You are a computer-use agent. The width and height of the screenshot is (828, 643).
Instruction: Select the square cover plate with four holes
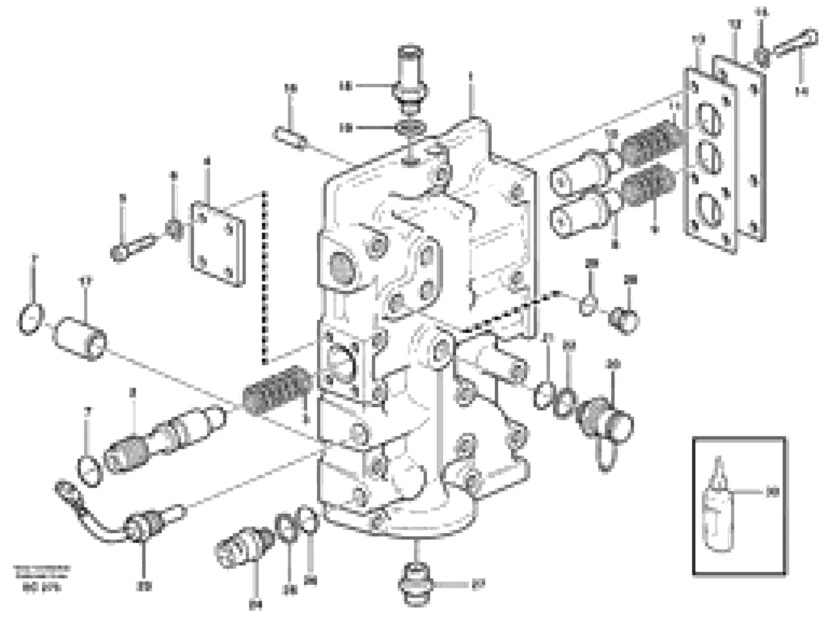pyautogui.click(x=218, y=244)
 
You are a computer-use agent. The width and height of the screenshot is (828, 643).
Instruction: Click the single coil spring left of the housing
pyautogui.click(x=278, y=390)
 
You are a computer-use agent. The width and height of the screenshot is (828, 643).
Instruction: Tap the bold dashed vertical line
pyautogui.click(x=265, y=278)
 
